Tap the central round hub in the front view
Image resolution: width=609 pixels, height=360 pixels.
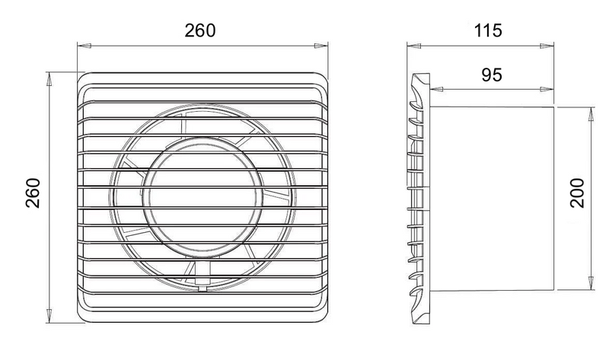pyautogui.click(x=202, y=196)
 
